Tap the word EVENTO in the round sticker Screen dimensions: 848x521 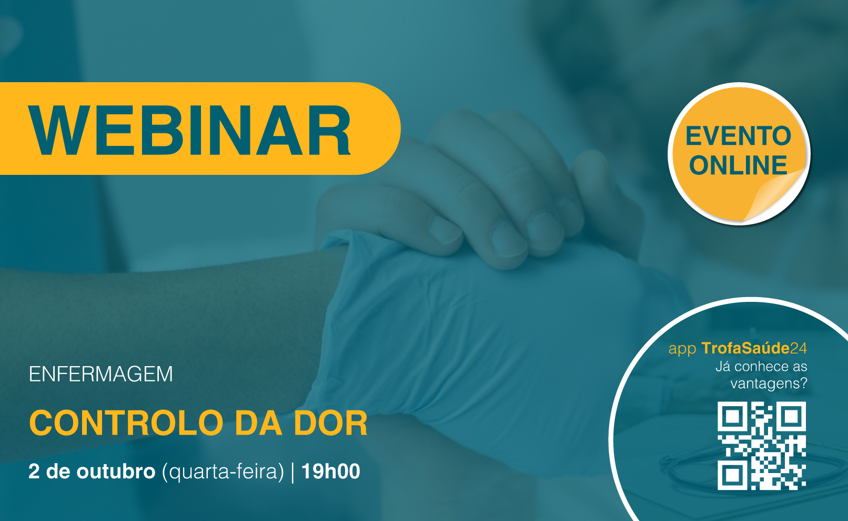point(738,136)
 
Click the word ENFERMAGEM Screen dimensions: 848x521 point(100,374)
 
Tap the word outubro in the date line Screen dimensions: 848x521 point(116,471)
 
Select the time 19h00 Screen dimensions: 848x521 point(330,471)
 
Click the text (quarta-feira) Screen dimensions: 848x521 point(223,472)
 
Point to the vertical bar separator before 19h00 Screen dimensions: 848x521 point(292,472)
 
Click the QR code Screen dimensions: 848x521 point(762,446)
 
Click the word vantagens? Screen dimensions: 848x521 point(769,384)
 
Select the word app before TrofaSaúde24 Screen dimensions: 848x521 point(682,349)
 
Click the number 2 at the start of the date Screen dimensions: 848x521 point(34,471)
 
